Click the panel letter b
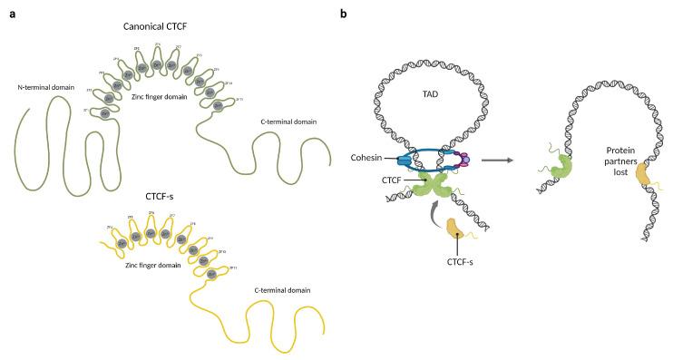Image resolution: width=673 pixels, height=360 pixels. click(343, 14)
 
